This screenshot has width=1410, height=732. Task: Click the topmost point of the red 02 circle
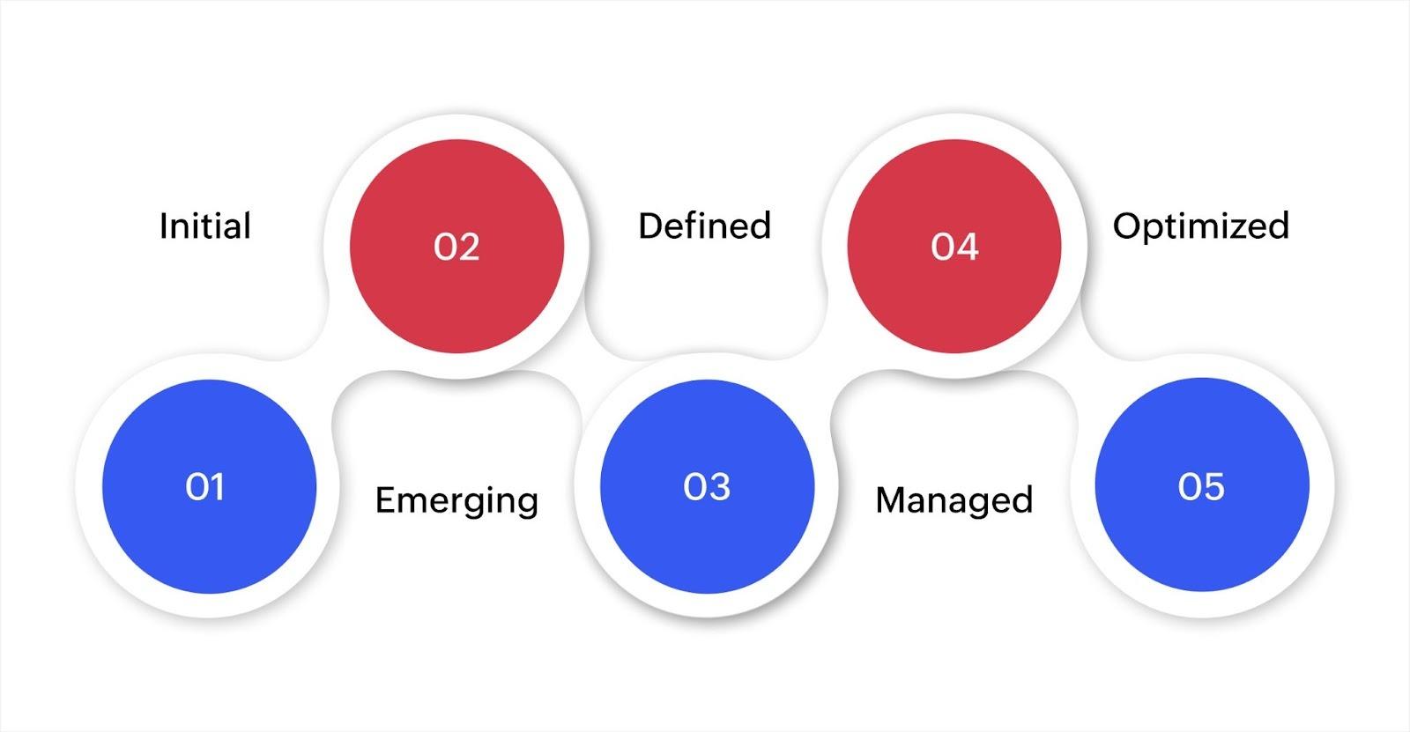pyautogui.click(x=457, y=140)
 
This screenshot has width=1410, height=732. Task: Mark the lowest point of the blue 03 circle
pyautogui.click(x=708, y=593)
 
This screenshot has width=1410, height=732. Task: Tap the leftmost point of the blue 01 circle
pyautogui.click(x=102, y=486)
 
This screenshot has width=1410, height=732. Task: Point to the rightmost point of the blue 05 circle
pyautogui.click(x=1310, y=484)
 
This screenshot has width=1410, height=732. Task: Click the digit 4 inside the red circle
pyautogui.click(x=967, y=247)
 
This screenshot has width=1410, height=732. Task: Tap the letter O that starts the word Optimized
pyautogui.click(x=1129, y=226)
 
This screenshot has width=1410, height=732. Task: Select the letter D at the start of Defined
pyautogui.click(x=651, y=226)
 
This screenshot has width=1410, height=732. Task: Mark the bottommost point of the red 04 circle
pyautogui.click(x=954, y=353)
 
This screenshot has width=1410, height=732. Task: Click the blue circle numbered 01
pyautogui.click(x=210, y=486)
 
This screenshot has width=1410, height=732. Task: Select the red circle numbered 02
pyautogui.click(x=457, y=246)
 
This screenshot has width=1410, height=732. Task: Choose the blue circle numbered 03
pyautogui.click(x=708, y=486)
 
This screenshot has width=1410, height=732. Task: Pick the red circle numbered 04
pyautogui.click(x=954, y=246)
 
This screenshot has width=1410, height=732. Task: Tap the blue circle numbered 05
pyautogui.click(x=1202, y=484)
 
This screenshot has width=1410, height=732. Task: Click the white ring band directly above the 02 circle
pyautogui.click(x=457, y=127)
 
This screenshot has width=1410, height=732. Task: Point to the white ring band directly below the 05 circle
pyautogui.click(x=1202, y=603)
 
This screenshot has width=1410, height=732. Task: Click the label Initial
pyautogui.click(x=205, y=226)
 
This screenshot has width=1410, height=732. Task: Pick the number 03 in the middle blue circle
pyautogui.click(x=707, y=486)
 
